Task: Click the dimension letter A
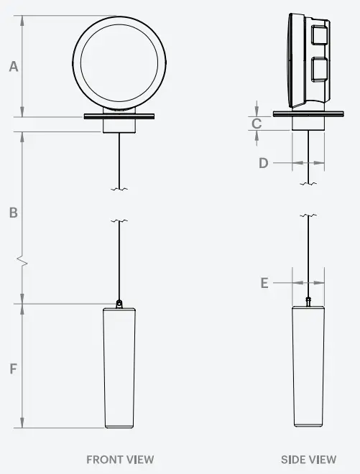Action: [13, 67]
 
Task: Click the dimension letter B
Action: [13, 213]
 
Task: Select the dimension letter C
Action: [257, 124]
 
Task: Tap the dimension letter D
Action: [264, 163]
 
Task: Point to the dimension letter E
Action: [264, 283]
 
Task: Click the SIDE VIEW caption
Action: [308, 459]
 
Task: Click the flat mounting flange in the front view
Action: [120, 115]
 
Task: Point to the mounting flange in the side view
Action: [308, 113]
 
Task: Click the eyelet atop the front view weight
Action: [120, 303]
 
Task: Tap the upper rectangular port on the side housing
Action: [320, 35]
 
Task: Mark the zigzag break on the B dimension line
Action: [24, 263]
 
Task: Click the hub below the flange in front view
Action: [120, 125]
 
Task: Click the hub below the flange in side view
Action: [308, 123]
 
